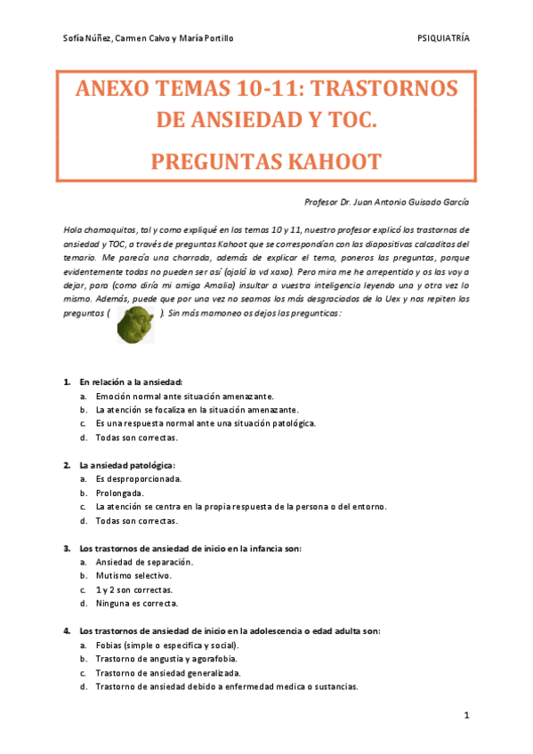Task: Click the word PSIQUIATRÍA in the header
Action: point(442,39)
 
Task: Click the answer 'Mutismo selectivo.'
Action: point(133,575)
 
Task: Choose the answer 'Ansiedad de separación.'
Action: point(143,562)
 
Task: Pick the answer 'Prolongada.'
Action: point(119,493)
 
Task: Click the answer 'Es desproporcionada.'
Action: point(138,478)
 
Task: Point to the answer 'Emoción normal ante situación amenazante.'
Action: point(184,396)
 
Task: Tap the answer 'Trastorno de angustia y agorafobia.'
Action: point(166,659)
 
